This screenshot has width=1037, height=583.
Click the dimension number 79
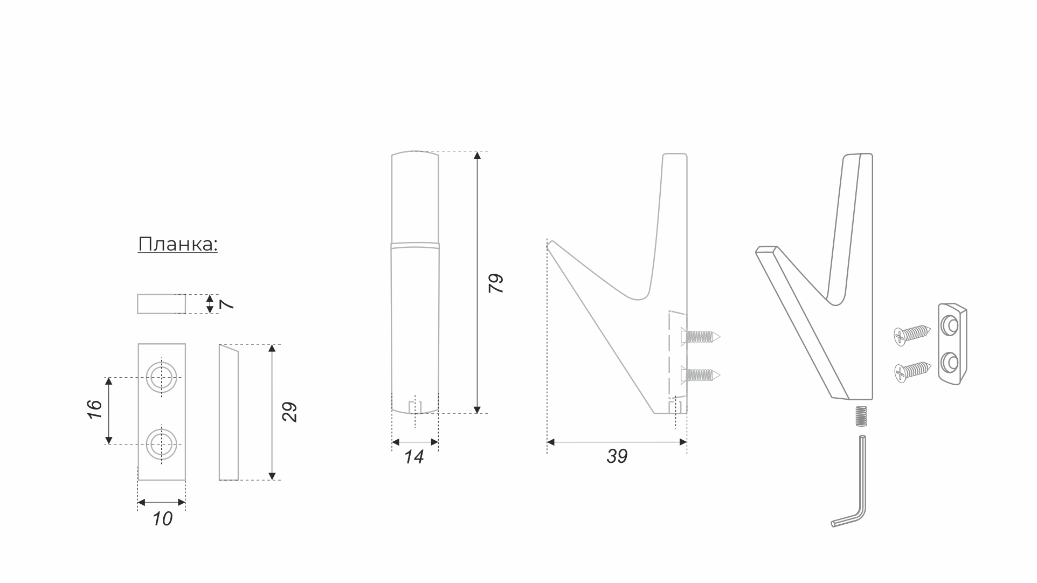495,283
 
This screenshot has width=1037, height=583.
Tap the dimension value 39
617,456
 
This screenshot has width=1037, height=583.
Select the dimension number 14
414,457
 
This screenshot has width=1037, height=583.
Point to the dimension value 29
289,412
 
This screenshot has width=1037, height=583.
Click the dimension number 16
94,410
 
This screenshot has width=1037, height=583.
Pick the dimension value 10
162,519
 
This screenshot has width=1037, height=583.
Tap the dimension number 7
227,304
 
